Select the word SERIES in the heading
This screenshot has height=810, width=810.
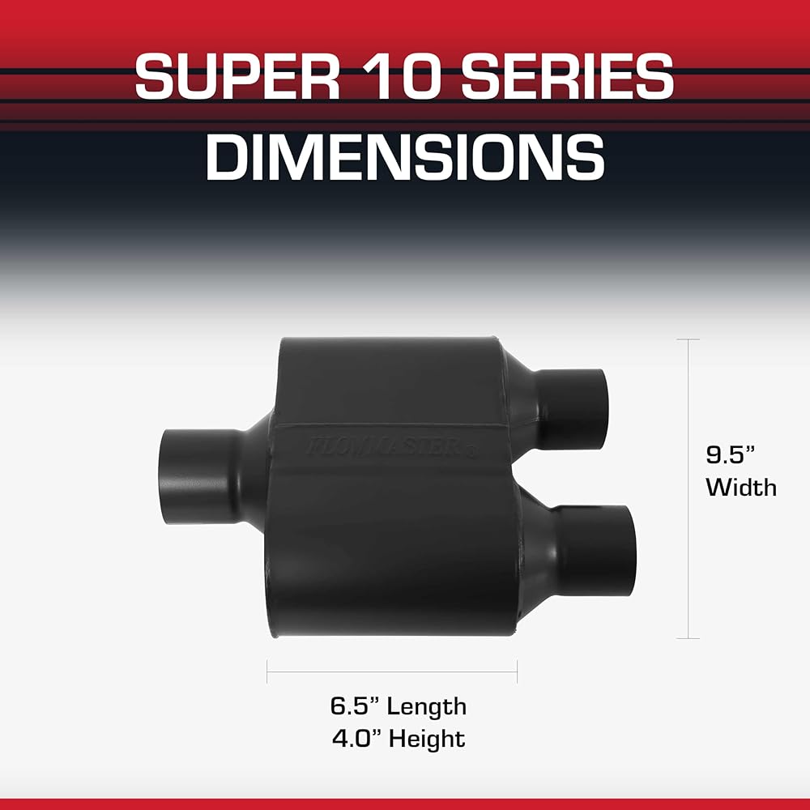(568, 76)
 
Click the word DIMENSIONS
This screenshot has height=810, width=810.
(405, 157)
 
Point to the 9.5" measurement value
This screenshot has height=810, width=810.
(731, 454)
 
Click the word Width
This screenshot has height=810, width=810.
(741, 487)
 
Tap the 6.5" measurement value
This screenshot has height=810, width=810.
(355, 706)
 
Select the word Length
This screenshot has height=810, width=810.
(427, 707)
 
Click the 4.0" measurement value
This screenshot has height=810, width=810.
(356, 739)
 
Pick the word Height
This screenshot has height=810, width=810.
(427, 740)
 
